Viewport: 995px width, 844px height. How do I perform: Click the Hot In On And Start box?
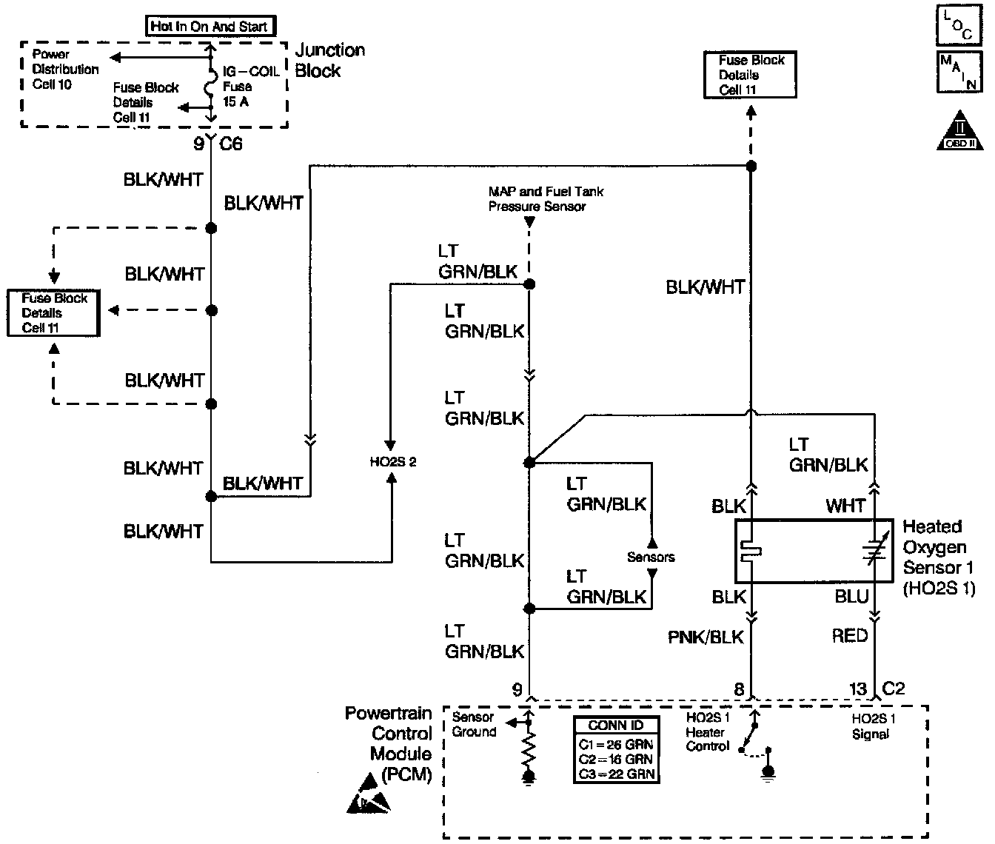click(211, 26)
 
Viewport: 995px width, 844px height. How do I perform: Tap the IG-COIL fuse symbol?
click(211, 83)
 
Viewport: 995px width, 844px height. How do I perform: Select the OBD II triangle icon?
click(960, 130)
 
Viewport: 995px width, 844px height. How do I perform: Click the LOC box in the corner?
click(959, 25)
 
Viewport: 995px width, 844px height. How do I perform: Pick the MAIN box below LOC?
click(959, 72)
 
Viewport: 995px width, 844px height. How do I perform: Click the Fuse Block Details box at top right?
click(750, 75)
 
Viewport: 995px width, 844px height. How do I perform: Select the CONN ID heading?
click(616, 725)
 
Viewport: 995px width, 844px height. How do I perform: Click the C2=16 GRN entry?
click(616, 760)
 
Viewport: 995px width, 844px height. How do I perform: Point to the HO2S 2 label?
click(393, 462)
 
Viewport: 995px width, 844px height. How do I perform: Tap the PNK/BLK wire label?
click(706, 637)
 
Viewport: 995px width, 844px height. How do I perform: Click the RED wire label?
click(850, 635)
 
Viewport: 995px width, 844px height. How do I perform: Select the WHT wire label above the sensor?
click(845, 506)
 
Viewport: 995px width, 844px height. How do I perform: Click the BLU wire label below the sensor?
click(851, 597)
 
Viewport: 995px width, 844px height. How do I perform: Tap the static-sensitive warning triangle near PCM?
click(369, 794)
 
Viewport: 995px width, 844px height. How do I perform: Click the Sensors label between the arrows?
click(651, 557)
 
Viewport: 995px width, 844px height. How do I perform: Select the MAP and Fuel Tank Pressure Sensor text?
click(546, 199)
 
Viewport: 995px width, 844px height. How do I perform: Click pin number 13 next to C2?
click(858, 689)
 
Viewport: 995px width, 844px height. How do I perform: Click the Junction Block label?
click(329, 60)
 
